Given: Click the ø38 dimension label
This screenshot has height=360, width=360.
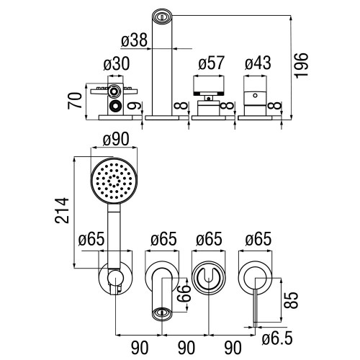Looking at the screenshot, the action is (x=134, y=40).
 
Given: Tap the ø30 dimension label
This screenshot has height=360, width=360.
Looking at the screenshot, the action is (x=117, y=63).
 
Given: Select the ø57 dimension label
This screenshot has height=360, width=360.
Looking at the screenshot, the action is (x=211, y=63).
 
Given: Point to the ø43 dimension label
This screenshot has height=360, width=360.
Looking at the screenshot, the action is (x=258, y=63).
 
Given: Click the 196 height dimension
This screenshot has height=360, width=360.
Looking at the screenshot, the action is (x=302, y=65).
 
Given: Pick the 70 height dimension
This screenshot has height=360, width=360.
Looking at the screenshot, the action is (x=75, y=101).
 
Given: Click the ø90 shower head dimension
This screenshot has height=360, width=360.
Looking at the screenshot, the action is (x=116, y=139).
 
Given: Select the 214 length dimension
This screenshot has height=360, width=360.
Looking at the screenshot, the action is (x=62, y=210).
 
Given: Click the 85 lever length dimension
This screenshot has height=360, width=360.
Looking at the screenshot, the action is (x=291, y=300).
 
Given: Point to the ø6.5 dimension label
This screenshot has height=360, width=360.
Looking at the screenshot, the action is (x=277, y=338).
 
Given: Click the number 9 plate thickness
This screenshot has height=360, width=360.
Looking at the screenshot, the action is (x=136, y=106).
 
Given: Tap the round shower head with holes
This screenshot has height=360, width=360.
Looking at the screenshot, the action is (x=114, y=181).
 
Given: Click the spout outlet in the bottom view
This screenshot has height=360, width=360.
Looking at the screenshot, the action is (x=162, y=313).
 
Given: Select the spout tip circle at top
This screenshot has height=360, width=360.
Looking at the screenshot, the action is (x=162, y=17).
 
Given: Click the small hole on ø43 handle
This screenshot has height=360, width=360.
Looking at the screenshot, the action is (x=255, y=96).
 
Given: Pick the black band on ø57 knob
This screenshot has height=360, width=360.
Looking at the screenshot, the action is (x=209, y=93).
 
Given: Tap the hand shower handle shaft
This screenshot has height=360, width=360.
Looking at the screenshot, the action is (x=114, y=235).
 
